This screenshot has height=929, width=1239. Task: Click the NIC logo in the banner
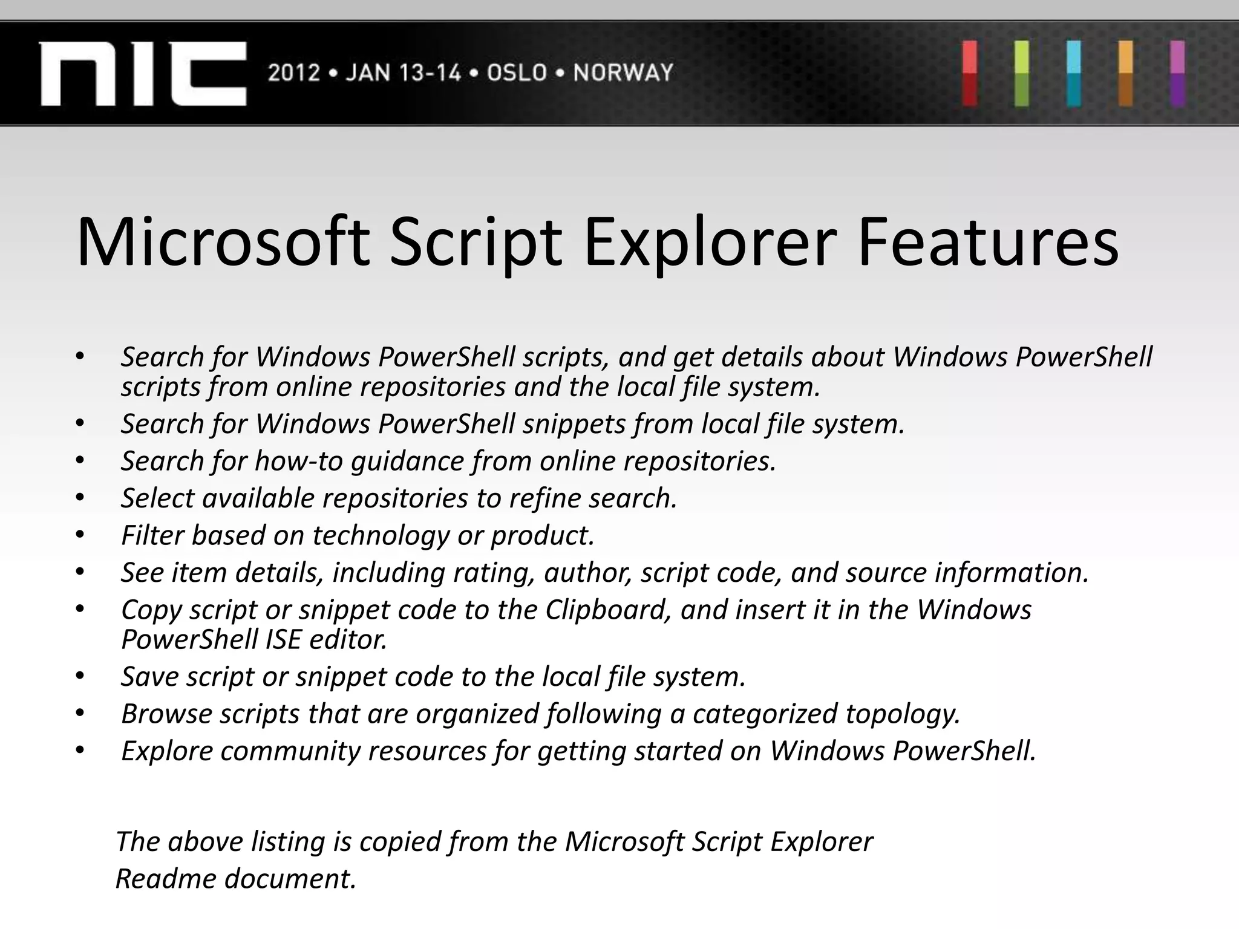143,73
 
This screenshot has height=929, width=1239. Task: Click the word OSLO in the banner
517,73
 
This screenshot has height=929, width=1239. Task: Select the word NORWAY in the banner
623,73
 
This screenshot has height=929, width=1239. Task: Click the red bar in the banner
970,73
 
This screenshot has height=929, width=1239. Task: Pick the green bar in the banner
1022,73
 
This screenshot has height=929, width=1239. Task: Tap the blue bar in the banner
1074,73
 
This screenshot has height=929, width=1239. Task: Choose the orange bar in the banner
1126,73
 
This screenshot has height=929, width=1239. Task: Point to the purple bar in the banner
1177,73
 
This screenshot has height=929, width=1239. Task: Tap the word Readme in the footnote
166,879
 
